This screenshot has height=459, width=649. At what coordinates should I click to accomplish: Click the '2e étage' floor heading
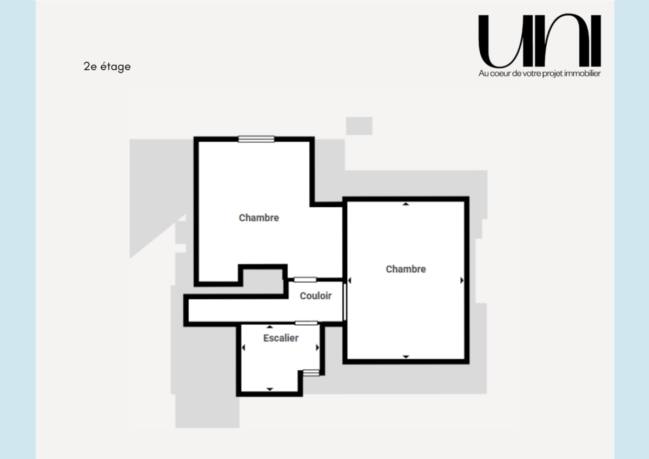click(107, 67)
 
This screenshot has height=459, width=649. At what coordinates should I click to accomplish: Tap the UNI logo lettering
click(540, 40)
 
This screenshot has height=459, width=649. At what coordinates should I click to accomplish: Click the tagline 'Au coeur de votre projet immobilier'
click(540, 74)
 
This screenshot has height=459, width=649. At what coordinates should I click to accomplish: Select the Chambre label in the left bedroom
click(259, 218)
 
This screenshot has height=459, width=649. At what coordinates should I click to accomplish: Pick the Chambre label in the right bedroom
click(406, 269)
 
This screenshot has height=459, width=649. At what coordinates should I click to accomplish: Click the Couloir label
click(315, 296)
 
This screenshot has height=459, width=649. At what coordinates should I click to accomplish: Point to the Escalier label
click(281, 338)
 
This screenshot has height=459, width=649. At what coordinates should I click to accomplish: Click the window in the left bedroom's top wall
click(256, 139)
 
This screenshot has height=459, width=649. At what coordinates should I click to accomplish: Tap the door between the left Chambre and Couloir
click(306, 279)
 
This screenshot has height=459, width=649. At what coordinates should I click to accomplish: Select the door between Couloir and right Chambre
click(345, 302)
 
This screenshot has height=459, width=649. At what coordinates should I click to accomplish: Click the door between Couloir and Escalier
click(306, 323)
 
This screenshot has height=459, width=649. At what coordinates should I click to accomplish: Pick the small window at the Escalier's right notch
click(311, 372)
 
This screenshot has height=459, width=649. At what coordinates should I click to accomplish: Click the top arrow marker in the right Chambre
click(406, 204)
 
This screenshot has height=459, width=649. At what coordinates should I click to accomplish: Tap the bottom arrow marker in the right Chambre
click(406, 357)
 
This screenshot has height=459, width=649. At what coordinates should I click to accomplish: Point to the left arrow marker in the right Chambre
click(349, 280)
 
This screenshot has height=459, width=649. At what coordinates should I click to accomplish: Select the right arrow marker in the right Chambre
click(462, 280)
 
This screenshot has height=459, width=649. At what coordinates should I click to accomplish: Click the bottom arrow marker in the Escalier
click(270, 389)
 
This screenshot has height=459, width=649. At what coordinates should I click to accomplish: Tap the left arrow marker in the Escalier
click(243, 347)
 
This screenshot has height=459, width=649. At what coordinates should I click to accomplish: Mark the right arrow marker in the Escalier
click(317, 347)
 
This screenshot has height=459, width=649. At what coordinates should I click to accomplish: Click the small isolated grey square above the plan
click(359, 126)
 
